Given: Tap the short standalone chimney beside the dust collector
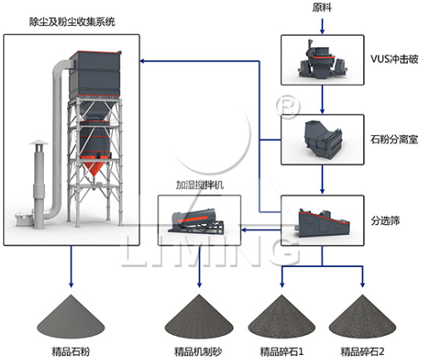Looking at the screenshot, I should (x=37, y=178).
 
